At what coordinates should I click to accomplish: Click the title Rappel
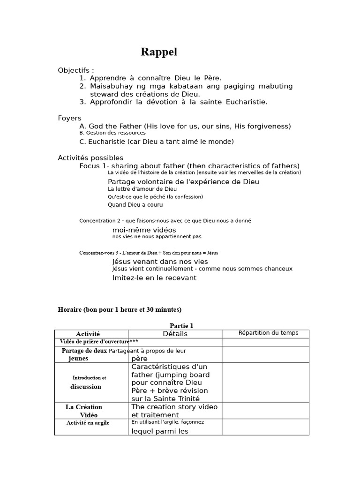(x=159, y=52)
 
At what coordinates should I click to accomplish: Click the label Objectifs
(x=75, y=70)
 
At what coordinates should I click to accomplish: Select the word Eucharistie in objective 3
(x=247, y=102)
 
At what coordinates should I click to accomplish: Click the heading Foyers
(x=69, y=118)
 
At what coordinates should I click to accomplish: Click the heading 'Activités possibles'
(x=90, y=158)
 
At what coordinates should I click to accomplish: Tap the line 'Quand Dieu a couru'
(x=135, y=205)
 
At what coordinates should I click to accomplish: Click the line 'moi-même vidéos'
(x=144, y=230)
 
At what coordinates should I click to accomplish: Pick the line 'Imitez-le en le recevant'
(x=154, y=278)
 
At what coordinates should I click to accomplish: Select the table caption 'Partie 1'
(x=181, y=326)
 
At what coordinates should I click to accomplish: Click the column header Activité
(x=88, y=334)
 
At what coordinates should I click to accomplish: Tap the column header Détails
(x=175, y=334)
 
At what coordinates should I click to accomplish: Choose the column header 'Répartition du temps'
(x=268, y=333)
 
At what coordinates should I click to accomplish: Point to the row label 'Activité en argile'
(x=88, y=423)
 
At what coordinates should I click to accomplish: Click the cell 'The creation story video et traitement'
(x=174, y=411)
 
